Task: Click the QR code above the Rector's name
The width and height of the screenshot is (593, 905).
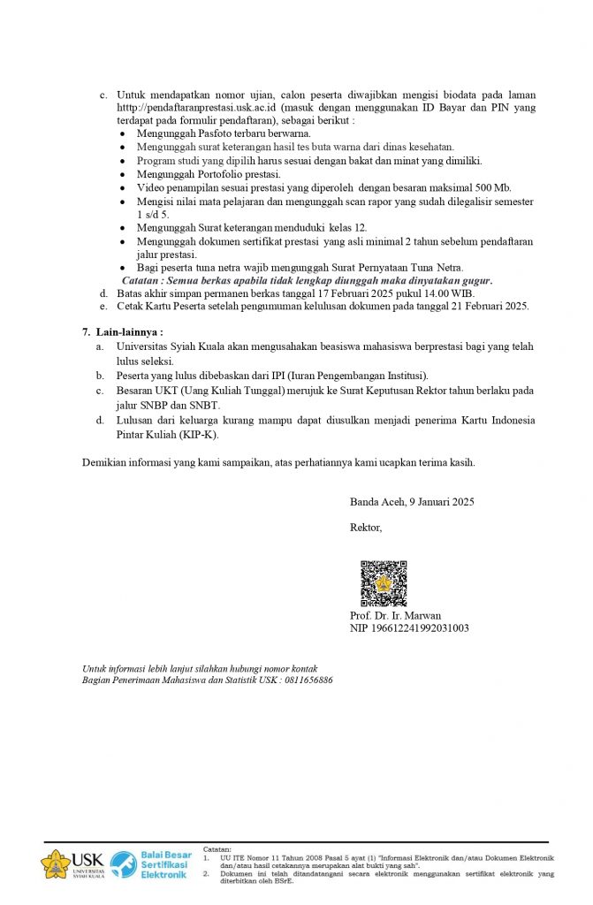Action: (383, 583)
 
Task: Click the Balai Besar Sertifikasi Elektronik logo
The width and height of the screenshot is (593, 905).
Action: (150, 863)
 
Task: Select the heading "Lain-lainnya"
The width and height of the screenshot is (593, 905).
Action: (127, 332)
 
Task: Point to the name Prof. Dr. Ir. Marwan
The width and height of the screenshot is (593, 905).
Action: (395, 615)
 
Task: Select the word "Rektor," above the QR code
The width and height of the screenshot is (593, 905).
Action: (366, 528)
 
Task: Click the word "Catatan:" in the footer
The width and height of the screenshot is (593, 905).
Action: (217, 848)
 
